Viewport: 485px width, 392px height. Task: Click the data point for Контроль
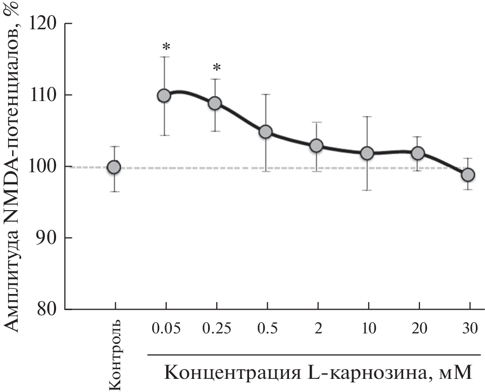[114, 167]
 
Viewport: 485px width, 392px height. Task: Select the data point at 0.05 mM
[164, 95]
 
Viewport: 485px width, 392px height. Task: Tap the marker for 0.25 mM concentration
[215, 103]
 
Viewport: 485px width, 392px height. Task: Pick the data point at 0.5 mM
[266, 132]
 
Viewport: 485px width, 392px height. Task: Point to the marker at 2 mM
[316, 145]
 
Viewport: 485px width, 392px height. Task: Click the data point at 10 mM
[367, 153]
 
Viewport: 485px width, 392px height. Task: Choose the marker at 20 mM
[418, 153]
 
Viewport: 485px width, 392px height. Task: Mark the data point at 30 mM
[468, 174]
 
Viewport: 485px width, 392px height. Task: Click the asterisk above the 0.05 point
[166, 48]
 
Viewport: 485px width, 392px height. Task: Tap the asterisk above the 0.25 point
[217, 68]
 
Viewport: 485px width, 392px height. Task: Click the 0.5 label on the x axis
[267, 328]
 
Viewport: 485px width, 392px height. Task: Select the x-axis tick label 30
[469, 328]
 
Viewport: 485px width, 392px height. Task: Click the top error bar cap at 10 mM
[367, 117]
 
